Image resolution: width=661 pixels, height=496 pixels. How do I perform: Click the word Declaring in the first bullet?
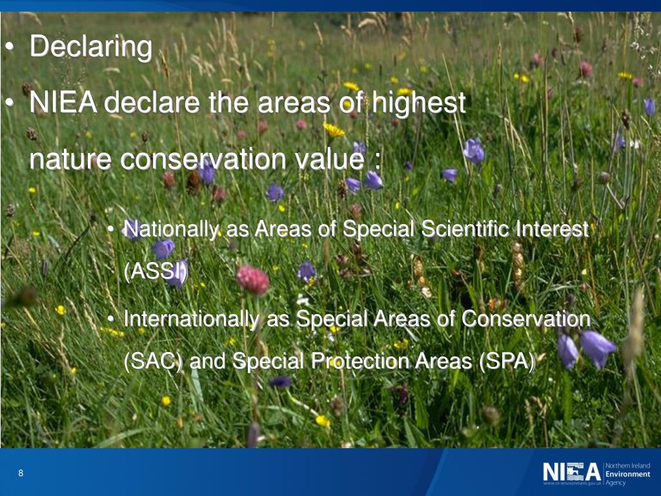91,48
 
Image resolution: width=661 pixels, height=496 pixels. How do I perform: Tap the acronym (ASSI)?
155,271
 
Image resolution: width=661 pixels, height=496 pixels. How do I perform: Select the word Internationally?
192,319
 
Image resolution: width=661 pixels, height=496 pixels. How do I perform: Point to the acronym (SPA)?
507,361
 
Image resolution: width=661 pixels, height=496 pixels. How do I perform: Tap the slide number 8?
21,473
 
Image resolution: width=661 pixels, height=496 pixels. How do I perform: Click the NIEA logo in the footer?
571,473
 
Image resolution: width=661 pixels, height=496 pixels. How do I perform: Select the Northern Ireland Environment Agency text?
627,474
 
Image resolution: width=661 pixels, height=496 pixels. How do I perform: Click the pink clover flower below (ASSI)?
252,280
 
